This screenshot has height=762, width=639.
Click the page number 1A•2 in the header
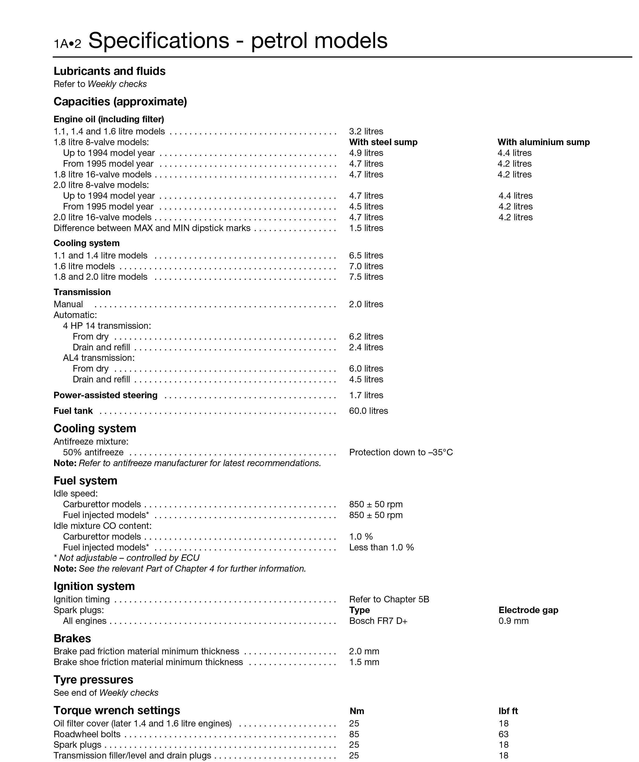point(68,44)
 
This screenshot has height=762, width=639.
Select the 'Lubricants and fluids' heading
point(109,71)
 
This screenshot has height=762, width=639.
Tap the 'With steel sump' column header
point(383,142)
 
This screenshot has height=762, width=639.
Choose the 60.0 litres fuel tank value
point(368,411)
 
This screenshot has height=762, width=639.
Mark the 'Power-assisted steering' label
point(105,395)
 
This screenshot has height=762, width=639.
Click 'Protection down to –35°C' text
point(401,452)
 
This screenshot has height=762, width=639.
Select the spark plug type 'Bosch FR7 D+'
point(378,621)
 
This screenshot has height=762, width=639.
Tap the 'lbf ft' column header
point(508,711)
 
